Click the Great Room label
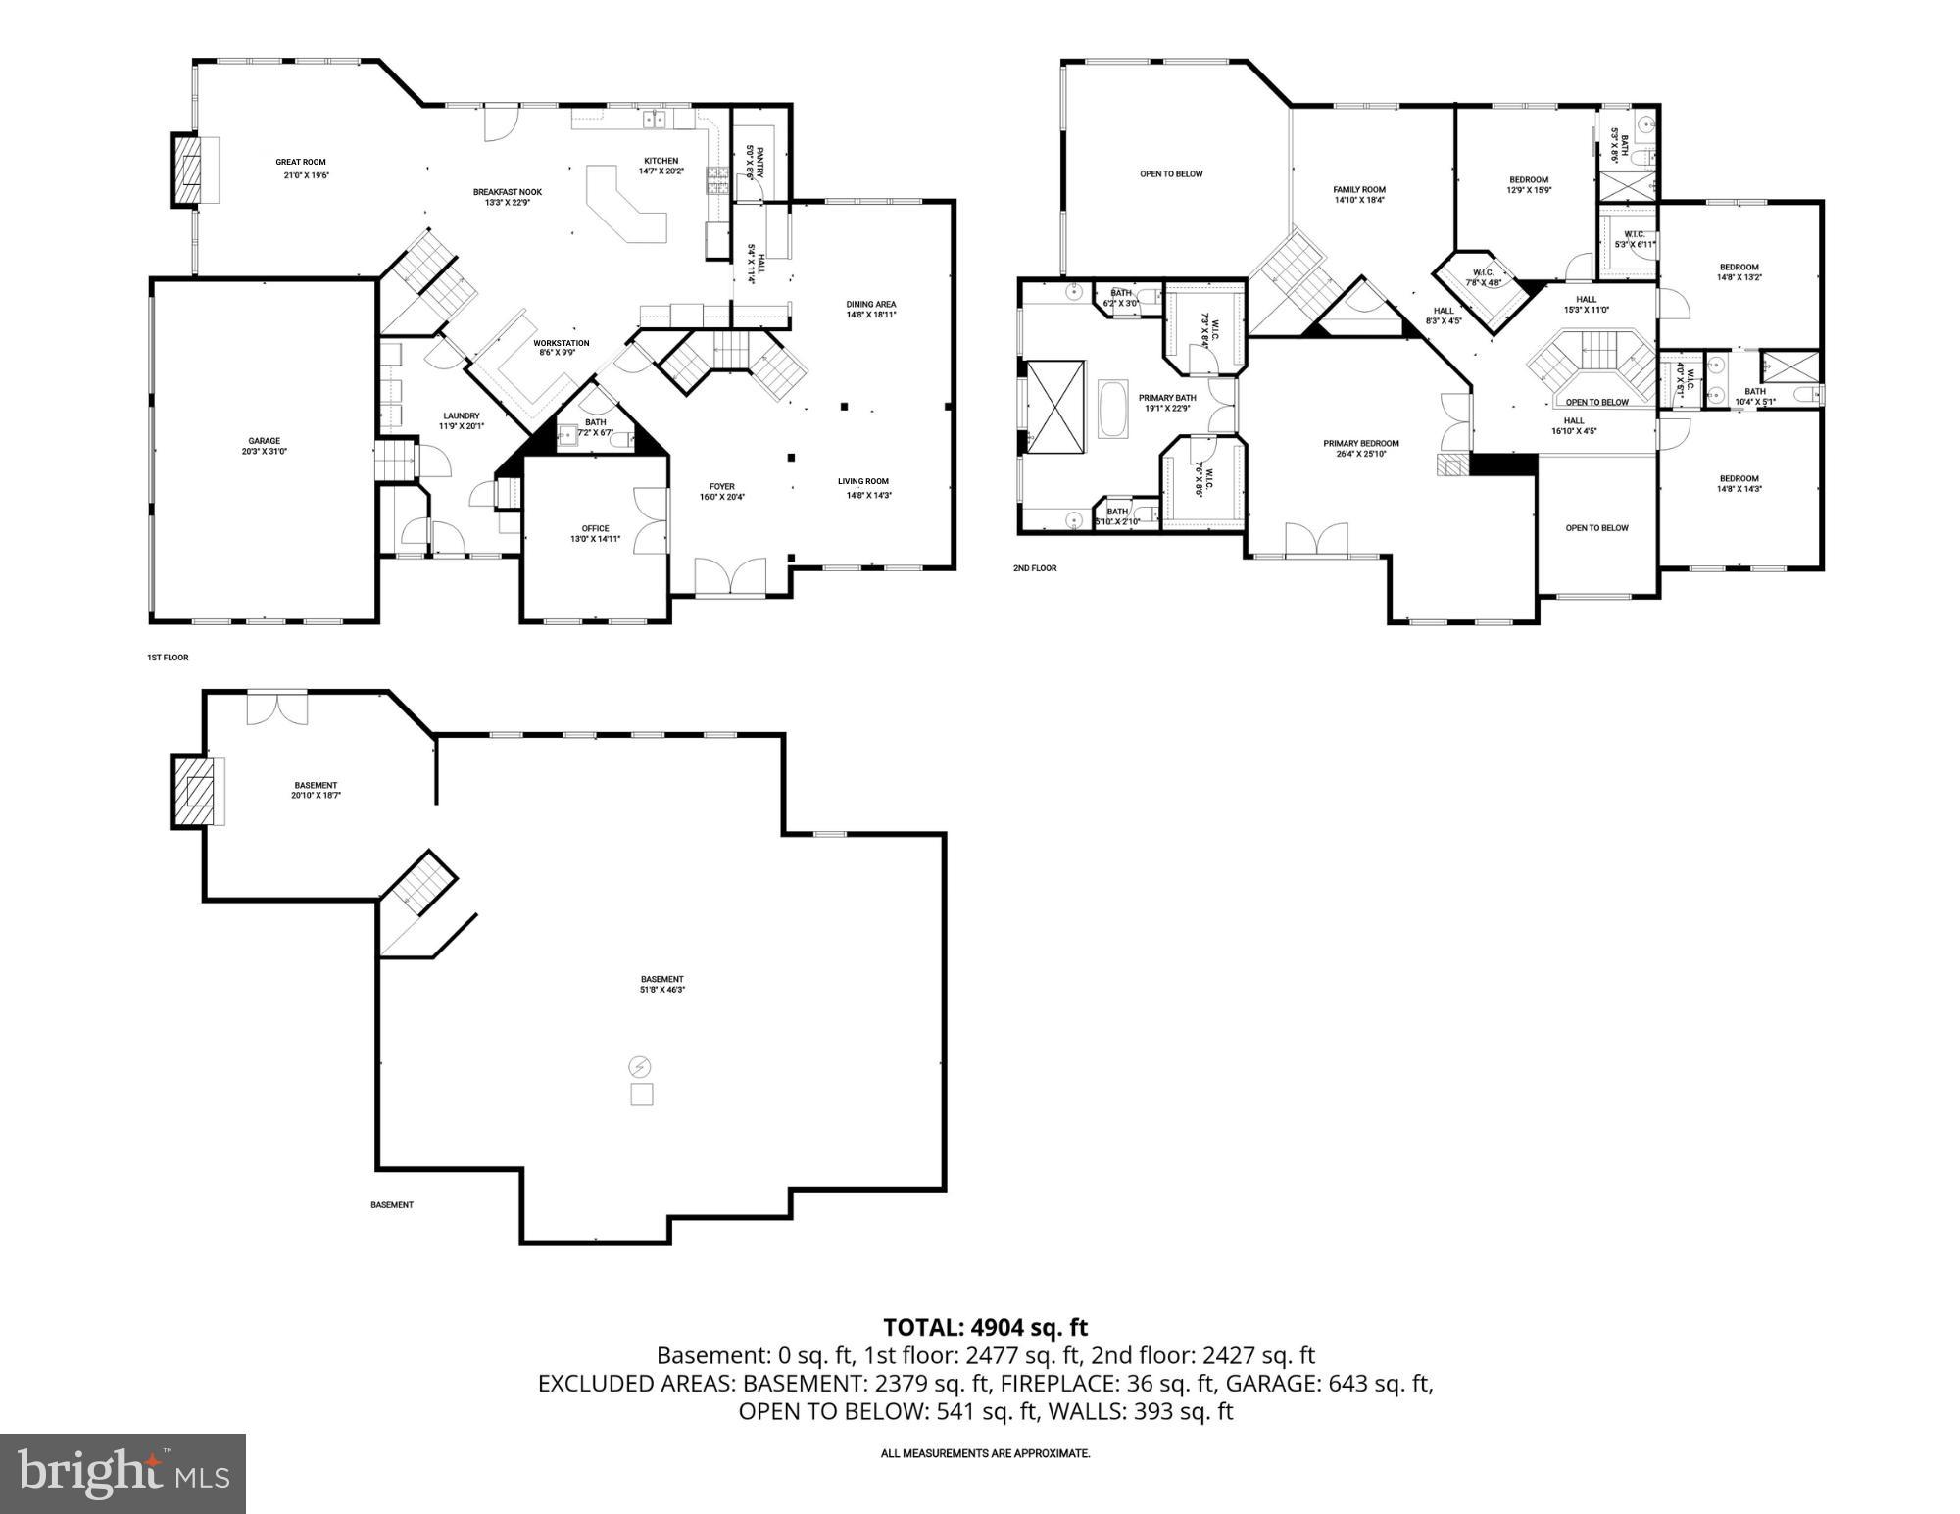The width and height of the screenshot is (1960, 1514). (300, 163)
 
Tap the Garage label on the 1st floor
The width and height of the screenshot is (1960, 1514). (264, 441)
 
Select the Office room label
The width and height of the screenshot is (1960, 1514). (595, 529)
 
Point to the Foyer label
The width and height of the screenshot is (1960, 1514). (722, 487)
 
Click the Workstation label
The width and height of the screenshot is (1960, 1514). (562, 343)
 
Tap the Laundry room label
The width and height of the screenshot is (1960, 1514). (461, 415)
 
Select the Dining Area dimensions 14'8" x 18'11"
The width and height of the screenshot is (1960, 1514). (871, 316)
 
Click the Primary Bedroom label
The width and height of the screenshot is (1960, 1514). (1361, 443)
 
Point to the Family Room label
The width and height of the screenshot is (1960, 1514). (1359, 189)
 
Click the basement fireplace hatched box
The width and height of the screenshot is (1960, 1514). (197, 791)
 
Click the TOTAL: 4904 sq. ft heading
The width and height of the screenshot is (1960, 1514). (985, 1327)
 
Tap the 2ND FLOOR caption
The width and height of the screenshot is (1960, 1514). (1035, 568)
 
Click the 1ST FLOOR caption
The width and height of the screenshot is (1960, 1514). (168, 658)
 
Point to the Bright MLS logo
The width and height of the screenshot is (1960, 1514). (122, 1473)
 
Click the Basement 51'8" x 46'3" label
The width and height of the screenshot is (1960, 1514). (662, 984)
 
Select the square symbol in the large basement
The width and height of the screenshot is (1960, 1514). (641, 1095)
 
